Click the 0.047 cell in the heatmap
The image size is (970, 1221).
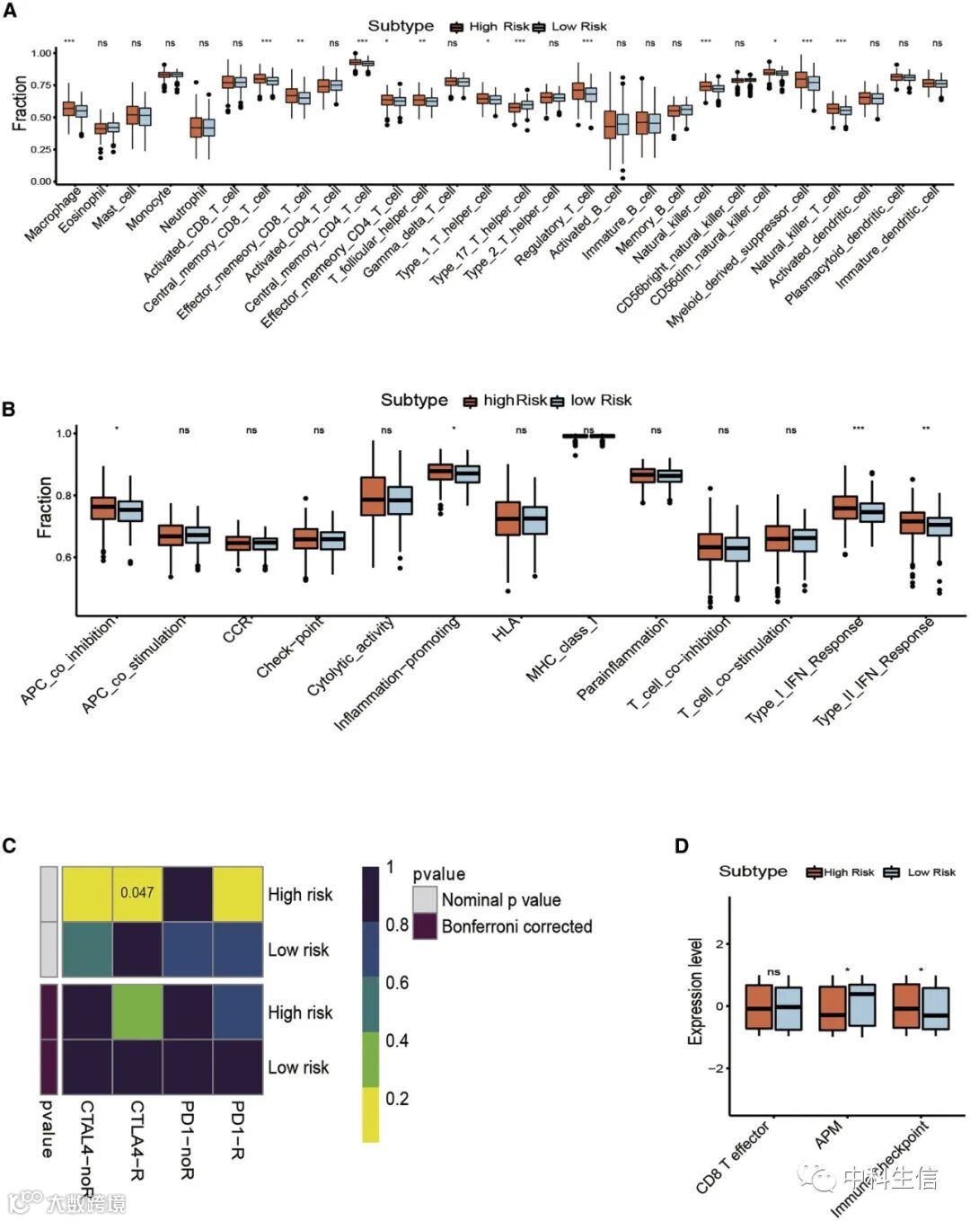[x=137, y=893]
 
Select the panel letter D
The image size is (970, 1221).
[x=682, y=845]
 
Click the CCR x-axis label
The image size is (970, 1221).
[x=238, y=631]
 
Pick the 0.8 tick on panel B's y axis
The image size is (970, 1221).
[x=63, y=495]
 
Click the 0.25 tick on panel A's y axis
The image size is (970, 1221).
[x=41, y=149]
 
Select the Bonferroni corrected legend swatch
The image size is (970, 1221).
[x=425, y=926]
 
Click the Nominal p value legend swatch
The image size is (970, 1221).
[x=425, y=898]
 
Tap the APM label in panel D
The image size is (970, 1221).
[x=827, y=1136]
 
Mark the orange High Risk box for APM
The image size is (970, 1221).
[x=833, y=1007]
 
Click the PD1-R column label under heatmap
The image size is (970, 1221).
[x=237, y=1128]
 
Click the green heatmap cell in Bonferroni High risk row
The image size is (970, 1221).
[x=137, y=1012]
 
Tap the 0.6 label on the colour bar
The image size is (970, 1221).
[x=397, y=983]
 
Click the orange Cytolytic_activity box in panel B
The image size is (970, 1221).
[x=373, y=496]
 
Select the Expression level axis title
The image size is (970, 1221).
[x=695, y=991]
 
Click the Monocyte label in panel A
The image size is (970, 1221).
[x=149, y=208]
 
